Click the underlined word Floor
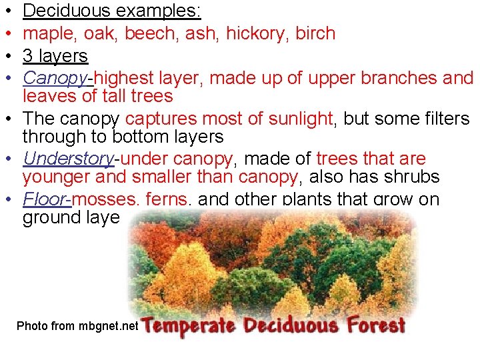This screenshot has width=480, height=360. [x=47, y=200]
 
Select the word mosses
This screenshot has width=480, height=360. [x=104, y=200]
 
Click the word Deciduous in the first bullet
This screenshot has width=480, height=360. [x=70, y=11]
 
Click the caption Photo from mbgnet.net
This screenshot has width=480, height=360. [x=77, y=326]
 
